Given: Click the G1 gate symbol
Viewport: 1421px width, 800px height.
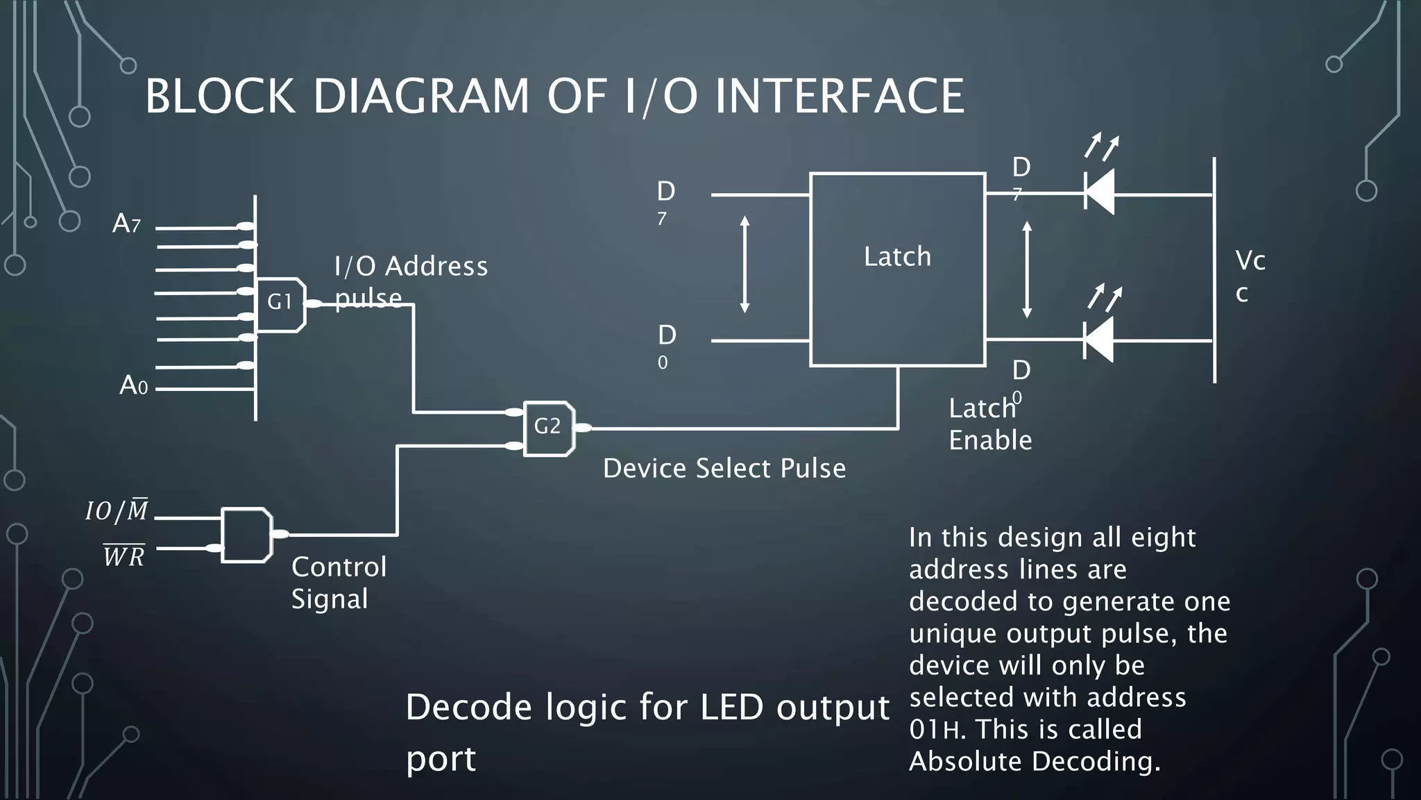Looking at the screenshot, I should pyautogui.click(x=280, y=304).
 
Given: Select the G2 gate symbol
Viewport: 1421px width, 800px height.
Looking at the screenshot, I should pyautogui.click(x=548, y=427).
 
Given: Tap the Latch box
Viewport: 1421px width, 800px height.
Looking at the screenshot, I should pyautogui.click(x=897, y=269).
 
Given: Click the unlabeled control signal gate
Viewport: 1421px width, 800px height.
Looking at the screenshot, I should pyautogui.click(x=246, y=535).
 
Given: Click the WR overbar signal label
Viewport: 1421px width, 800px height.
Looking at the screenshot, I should pyautogui.click(x=124, y=556).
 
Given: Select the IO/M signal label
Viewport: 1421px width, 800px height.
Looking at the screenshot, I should pyautogui.click(x=117, y=511).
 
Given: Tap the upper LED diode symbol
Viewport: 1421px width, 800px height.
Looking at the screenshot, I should pyautogui.click(x=1099, y=192).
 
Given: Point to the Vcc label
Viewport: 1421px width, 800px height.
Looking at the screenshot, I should pyautogui.click(x=1250, y=276).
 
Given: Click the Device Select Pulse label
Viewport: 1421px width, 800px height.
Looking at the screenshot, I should pyautogui.click(x=724, y=469).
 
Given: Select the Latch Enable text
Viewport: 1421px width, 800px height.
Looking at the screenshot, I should pyautogui.click(x=989, y=424).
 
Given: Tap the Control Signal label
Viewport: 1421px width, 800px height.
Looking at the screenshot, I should pyautogui.click(x=339, y=583).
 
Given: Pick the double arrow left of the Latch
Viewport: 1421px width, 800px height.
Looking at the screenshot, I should pyautogui.click(x=744, y=264).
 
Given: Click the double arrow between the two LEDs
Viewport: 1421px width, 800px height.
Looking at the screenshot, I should pyautogui.click(x=1027, y=269).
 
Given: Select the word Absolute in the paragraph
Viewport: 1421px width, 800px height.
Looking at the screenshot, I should pyautogui.click(x=966, y=762).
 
